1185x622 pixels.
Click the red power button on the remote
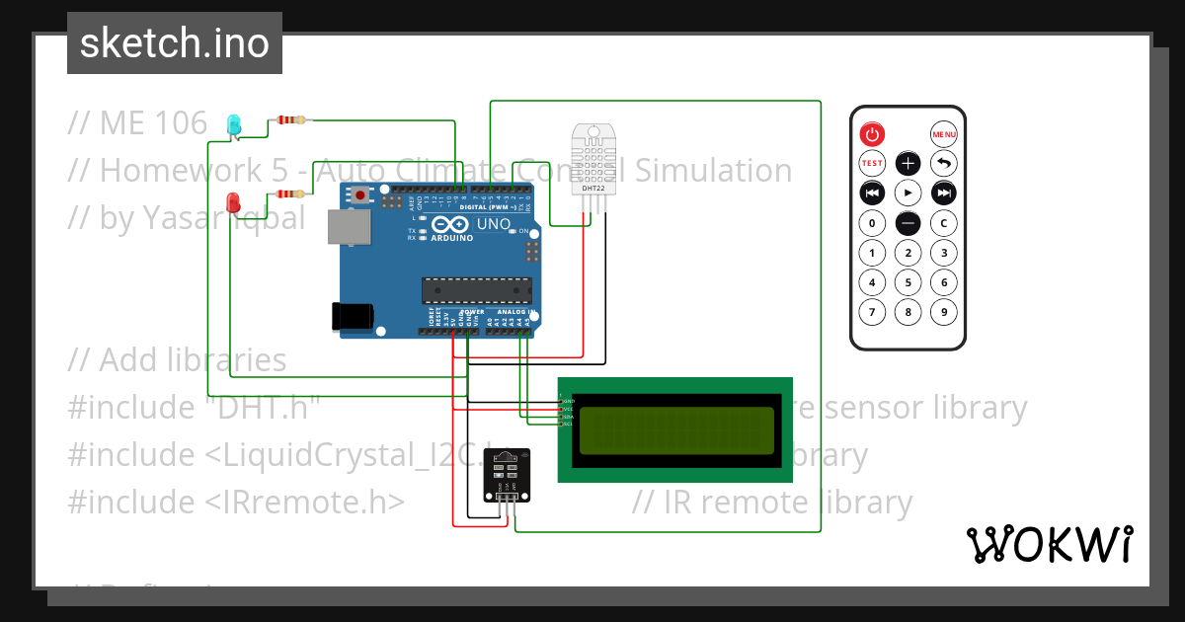pos(872,134)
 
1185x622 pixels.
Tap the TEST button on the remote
pos(872,163)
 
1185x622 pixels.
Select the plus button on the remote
pos(908,163)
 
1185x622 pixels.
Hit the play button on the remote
pos(908,192)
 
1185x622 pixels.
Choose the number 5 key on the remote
pos(908,283)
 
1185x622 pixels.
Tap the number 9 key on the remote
pos(944,313)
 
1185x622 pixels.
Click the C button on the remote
pos(944,223)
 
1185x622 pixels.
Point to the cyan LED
pos(234,124)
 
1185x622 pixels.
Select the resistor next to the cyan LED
pos(291,120)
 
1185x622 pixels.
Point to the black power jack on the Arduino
pos(353,315)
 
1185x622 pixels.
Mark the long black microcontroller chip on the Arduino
pos(476,289)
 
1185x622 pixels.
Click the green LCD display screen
pos(675,430)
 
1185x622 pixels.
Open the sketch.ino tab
pos(175,43)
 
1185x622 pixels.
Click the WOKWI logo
pos(1049,544)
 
